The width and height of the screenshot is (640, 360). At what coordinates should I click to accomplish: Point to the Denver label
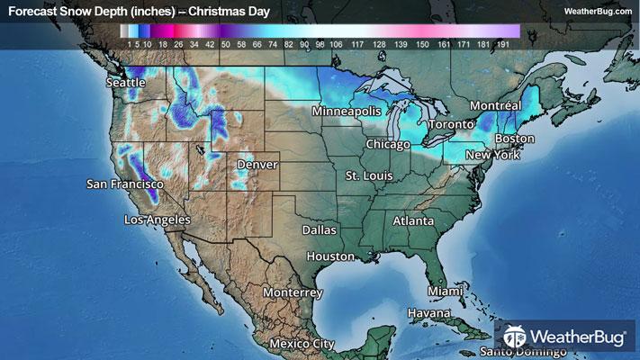(x=257, y=166)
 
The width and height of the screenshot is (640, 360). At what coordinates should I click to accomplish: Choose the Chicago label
(x=389, y=145)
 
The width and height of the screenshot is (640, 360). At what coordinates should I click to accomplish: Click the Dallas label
(x=319, y=230)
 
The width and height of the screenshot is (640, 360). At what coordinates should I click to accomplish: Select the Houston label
(x=330, y=256)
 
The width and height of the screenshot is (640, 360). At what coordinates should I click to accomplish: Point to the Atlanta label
(x=413, y=220)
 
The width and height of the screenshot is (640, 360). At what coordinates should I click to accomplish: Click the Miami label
(x=445, y=292)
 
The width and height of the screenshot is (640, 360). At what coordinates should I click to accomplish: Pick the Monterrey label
(x=293, y=292)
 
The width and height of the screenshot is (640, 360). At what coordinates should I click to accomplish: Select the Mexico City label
(x=302, y=344)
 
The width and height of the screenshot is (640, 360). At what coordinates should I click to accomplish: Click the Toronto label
(x=449, y=123)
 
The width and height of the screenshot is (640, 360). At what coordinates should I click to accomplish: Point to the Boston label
(x=515, y=139)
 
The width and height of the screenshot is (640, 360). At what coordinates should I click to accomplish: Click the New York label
(x=492, y=156)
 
